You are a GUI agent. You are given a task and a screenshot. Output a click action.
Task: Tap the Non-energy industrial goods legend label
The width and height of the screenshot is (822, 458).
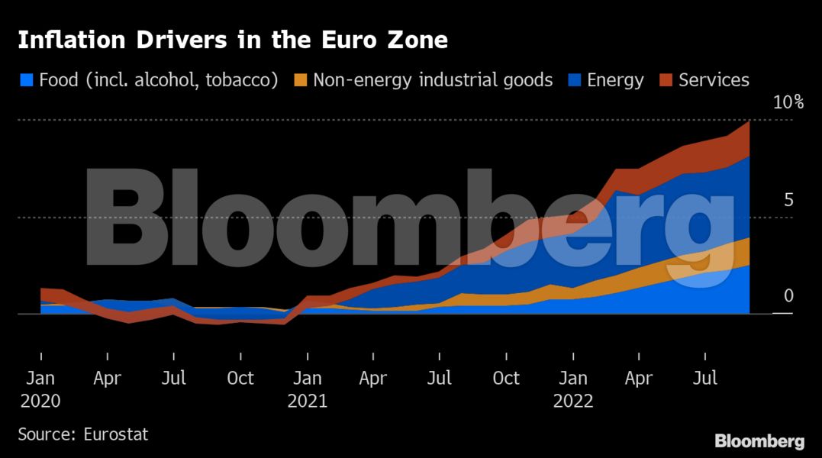click(x=433, y=80)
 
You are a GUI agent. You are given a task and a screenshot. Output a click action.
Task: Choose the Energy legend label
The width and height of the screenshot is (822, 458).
click(x=615, y=80)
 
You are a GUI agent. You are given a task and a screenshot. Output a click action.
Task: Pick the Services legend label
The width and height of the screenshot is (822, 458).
click(x=714, y=80)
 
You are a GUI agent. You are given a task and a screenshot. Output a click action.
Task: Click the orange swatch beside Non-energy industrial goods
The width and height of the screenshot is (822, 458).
click(x=300, y=80)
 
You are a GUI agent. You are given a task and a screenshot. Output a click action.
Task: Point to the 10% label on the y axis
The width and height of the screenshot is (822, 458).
click(x=788, y=102)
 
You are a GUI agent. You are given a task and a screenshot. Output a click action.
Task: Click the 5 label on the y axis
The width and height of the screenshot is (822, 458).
click(x=788, y=200)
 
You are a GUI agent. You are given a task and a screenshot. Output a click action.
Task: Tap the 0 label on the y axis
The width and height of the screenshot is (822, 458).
click(x=788, y=296)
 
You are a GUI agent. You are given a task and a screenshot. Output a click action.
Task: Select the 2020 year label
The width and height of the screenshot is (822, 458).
click(x=40, y=402)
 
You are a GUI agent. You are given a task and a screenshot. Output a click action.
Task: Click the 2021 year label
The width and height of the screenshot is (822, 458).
click(x=307, y=402)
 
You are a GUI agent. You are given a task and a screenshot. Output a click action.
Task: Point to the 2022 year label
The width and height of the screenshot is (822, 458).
click(x=573, y=402)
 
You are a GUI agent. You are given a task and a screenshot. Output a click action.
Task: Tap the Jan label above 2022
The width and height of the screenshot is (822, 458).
click(x=573, y=378)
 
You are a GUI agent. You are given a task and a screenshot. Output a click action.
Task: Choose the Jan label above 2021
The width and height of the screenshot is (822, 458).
click(x=307, y=378)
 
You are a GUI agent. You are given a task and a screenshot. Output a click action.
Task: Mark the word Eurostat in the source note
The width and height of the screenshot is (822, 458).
click(x=114, y=434)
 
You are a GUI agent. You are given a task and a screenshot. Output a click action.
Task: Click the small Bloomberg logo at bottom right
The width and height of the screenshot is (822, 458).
click(x=759, y=441)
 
